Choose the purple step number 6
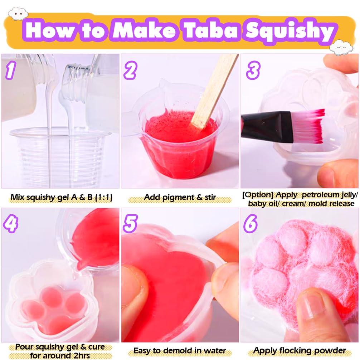click(x=251, y=224)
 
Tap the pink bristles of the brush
click(x=310, y=125)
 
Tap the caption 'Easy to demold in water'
click(x=180, y=351)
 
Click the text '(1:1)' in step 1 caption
click(x=99, y=197)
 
